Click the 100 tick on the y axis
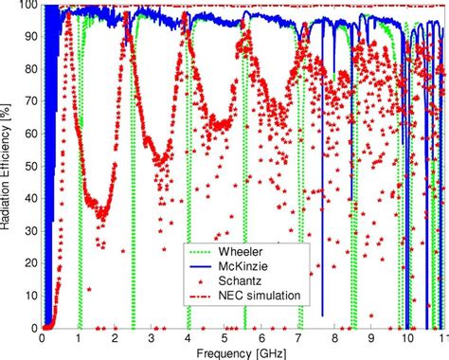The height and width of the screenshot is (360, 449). (x=27, y=5)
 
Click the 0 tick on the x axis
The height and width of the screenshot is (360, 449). (x=43, y=336)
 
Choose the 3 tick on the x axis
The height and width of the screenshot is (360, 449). (x=152, y=336)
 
